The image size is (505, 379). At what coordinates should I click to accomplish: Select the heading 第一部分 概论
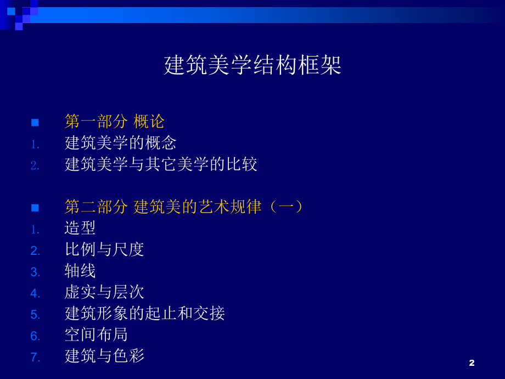[x=114, y=121]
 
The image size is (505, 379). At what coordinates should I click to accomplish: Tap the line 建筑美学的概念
[x=120, y=143]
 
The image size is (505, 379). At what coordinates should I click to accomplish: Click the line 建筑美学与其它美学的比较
[x=161, y=164]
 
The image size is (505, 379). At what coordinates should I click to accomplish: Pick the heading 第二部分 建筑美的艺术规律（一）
[x=184, y=207]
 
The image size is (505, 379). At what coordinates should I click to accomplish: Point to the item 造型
[x=80, y=228]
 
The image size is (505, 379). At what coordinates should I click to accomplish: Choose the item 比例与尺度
[x=104, y=249]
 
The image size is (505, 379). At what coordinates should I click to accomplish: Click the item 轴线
[x=80, y=271]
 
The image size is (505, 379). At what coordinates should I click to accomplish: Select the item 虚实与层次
[x=104, y=292]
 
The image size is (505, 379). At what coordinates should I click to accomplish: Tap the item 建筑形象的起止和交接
[x=144, y=314]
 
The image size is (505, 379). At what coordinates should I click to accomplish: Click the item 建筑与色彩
[x=104, y=356]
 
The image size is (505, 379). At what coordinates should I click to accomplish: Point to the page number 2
[x=472, y=363]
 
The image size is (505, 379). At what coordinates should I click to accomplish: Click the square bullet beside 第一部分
[x=35, y=122]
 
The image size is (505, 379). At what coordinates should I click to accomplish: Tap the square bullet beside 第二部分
[x=35, y=208]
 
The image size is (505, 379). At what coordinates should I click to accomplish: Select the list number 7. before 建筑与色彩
[x=35, y=357]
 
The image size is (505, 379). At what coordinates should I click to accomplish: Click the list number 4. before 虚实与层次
[x=35, y=293]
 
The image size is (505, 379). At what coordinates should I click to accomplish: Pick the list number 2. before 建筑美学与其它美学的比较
[x=35, y=165]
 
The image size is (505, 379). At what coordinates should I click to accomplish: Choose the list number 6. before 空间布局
[x=35, y=336]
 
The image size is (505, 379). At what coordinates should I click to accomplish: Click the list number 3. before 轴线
[x=35, y=272]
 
